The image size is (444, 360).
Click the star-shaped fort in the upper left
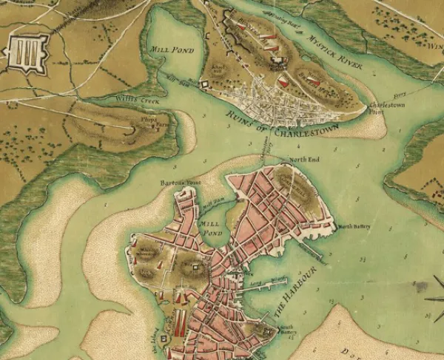click(24, 51)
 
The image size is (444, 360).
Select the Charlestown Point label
click(377, 110)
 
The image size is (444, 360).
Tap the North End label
click(303, 160)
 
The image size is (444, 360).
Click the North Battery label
click(353, 225)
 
